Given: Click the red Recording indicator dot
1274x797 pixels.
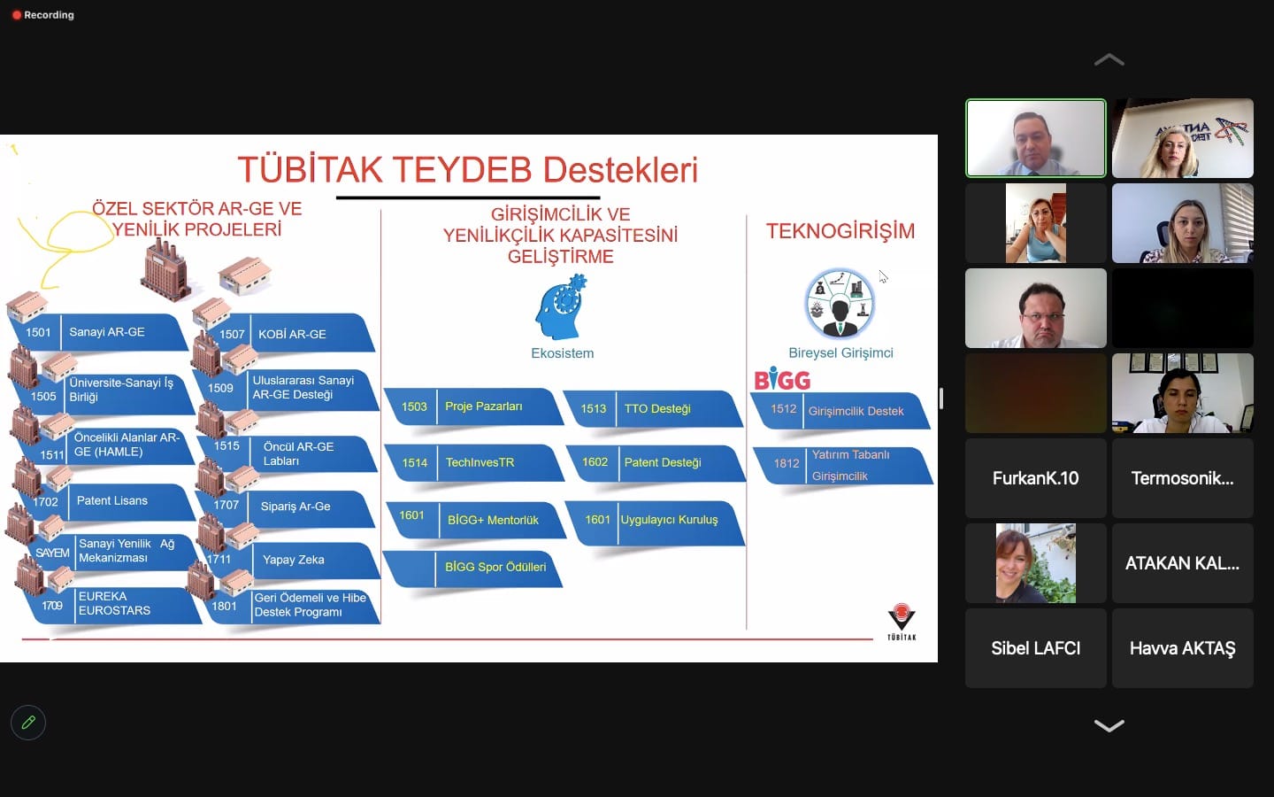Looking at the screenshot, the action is (x=17, y=15).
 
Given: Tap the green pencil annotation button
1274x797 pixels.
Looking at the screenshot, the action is (x=28, y=723).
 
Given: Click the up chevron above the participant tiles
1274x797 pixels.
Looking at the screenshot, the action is (x=1109, y=60).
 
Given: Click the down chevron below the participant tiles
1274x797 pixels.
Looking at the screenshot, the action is (x=1109, y=725).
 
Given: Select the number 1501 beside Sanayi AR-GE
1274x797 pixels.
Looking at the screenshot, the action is (x=38, y=332).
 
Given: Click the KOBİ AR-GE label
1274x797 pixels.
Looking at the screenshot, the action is (x=292, y=334).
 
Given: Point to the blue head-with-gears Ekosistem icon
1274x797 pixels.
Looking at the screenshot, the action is (x=561, y=307).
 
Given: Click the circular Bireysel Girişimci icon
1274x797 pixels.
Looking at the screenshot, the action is (x=840, y=304).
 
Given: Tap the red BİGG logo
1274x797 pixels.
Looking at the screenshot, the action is (x=782, y=379).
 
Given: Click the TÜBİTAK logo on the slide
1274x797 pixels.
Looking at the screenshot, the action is (x=902, y=622).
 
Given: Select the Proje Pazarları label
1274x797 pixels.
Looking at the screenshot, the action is (x=483, y=406).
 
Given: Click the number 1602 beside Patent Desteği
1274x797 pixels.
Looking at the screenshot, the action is (x=595, y=461).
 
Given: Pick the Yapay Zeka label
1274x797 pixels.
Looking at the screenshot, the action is (x=294, y=560).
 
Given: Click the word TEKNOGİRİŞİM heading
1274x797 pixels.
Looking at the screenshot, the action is (x=840, y=231).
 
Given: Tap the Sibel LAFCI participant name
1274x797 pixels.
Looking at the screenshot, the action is (x=1036, y=648).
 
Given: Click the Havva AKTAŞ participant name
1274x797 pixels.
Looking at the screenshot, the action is (x=1182, y=648).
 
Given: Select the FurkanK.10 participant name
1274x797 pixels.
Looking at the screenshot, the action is (x=1036, y=478).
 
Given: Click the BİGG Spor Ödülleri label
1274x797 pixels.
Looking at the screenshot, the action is (x=495, y=567).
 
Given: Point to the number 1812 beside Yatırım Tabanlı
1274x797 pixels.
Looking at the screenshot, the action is (x=787, y=463).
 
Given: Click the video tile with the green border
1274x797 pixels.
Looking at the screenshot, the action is (x=1036, y=138).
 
